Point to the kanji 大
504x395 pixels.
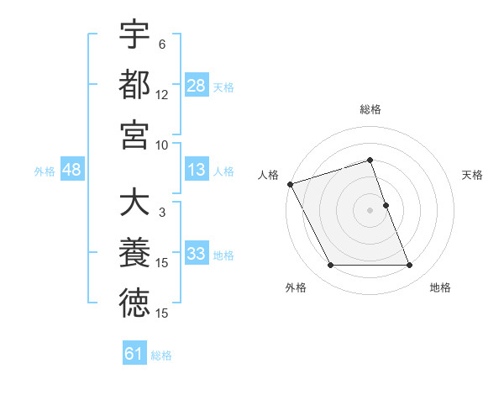pos(134,203)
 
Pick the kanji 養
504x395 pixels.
pos(134,254)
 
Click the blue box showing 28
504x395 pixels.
pos(197,85)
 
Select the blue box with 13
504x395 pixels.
pos(197,170)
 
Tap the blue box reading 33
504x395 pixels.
pos(197,254)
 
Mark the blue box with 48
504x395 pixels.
pos(72,170)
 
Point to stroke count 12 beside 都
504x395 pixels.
pos(162,95)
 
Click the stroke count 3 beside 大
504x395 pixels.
pos(162,213)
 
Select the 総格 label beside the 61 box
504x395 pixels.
pos(161,355)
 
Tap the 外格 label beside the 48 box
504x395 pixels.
pos(45,171)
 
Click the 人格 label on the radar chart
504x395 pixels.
pos(269,175)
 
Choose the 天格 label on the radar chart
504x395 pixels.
pos(473,175)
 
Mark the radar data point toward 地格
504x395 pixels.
pos(410,266)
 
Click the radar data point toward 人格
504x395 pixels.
pos(290,183)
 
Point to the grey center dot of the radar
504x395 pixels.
pos(370,209)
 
